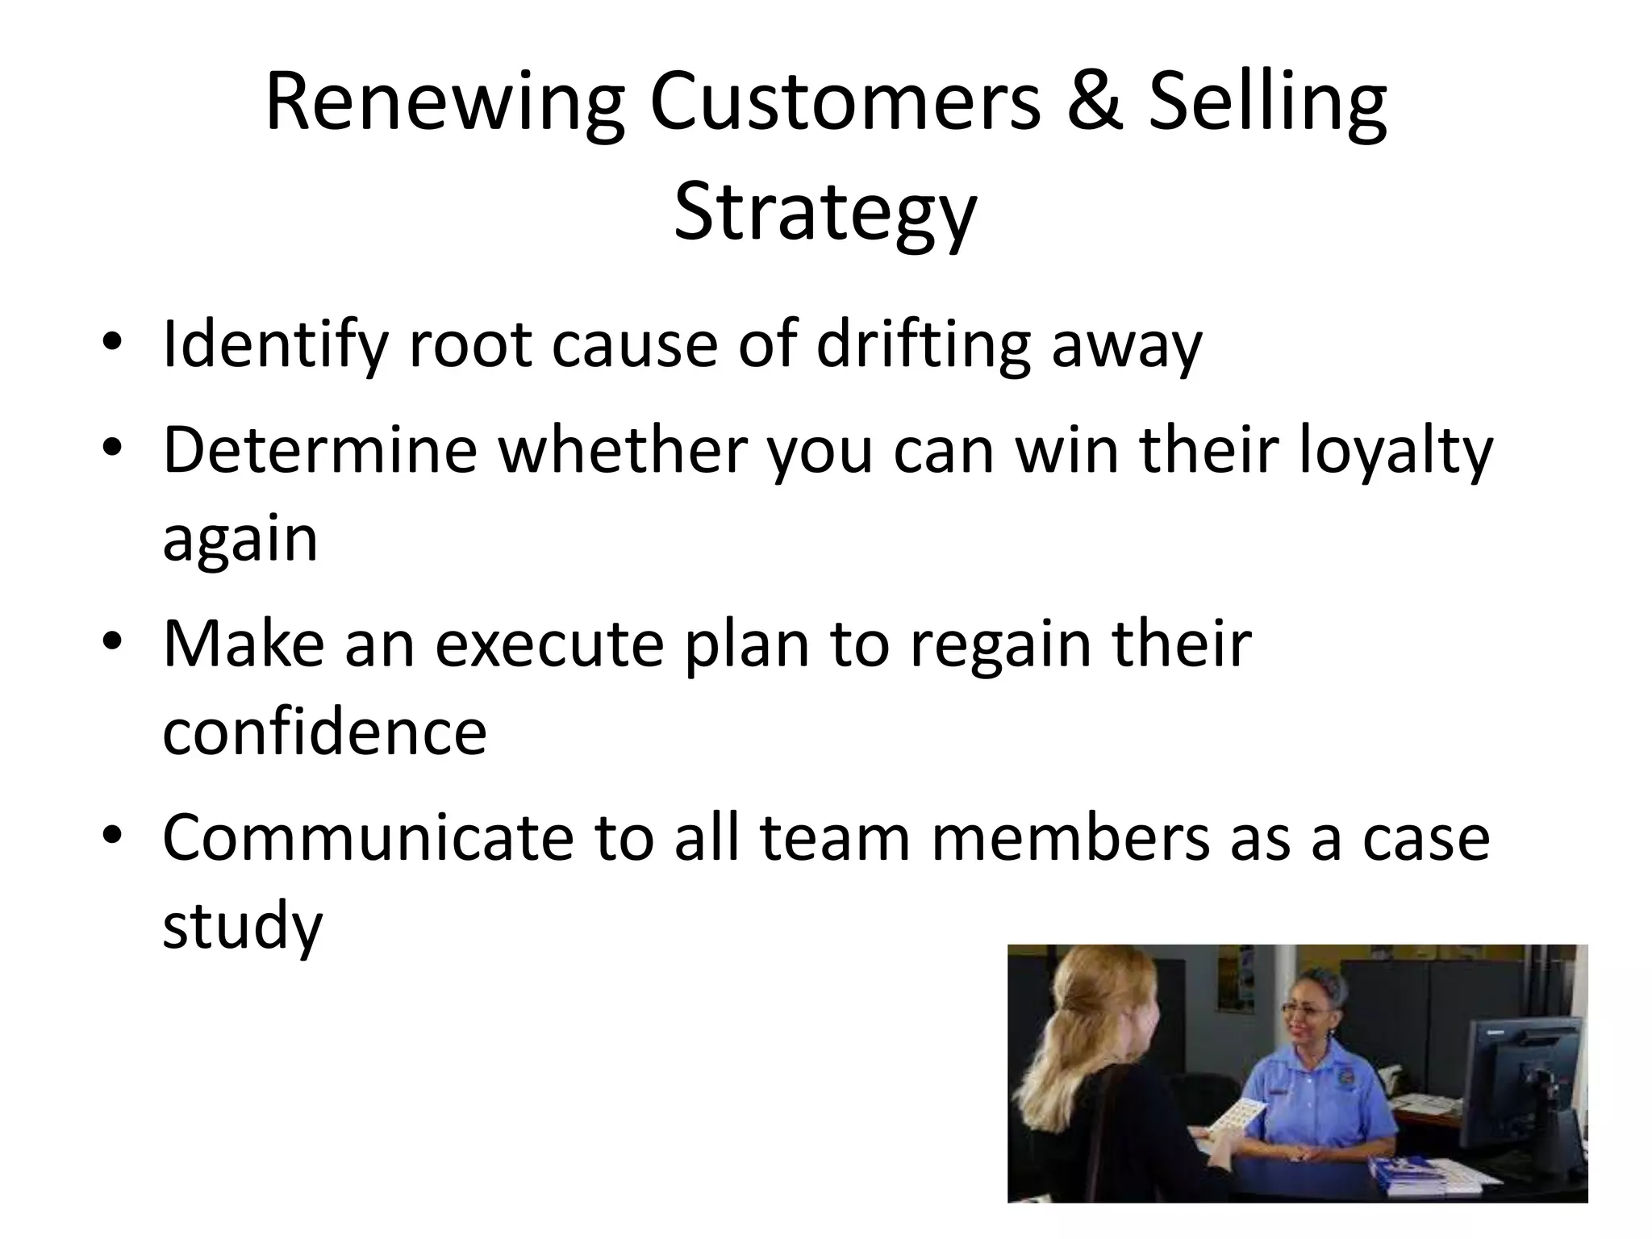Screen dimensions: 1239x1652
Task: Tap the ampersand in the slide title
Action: tap(1093, 103)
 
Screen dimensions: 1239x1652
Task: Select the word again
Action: tap(240, 539)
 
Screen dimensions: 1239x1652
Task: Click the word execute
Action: tap(549, 645)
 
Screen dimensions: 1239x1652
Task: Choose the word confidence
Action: tap(324, 732)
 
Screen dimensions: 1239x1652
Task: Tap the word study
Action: tap(242, 925)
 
